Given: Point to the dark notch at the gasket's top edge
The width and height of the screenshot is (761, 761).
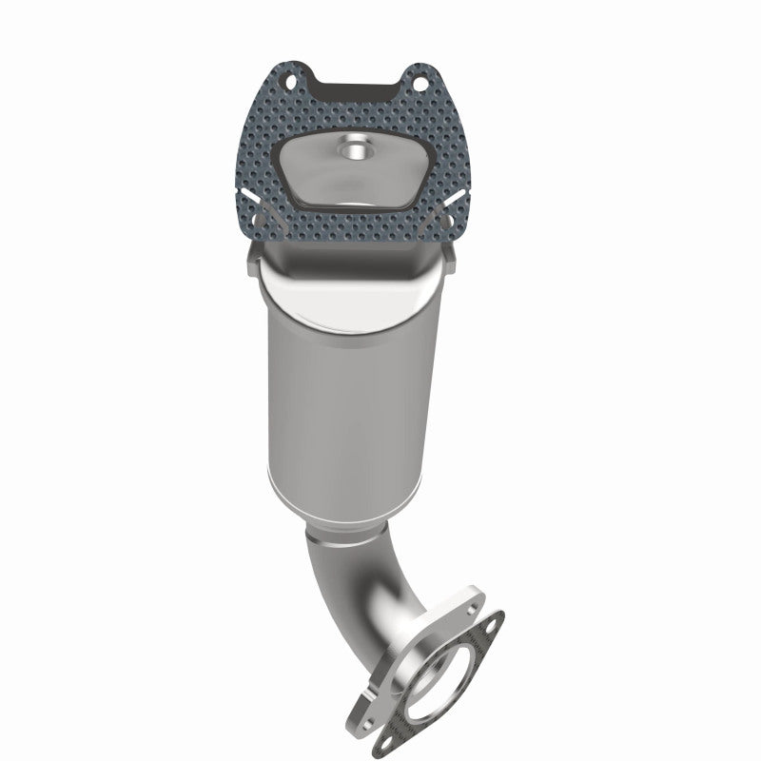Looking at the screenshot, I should point(357,88).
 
